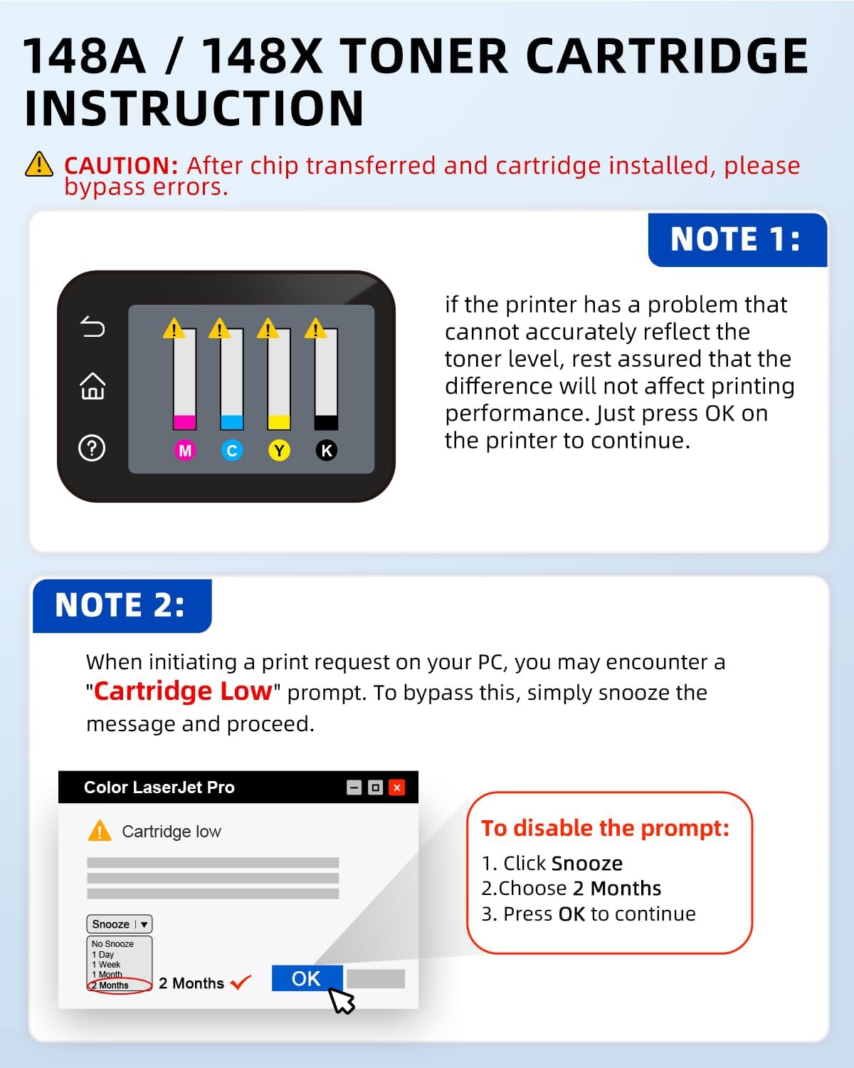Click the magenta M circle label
[185, 451]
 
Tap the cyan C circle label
[232, 451]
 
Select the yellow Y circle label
[279, 451]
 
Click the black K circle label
[327, 451]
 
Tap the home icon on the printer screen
[93, 387]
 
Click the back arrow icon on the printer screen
[93, 327]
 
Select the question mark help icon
[92, 449]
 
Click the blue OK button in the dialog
[307, 978]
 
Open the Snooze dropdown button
[119, 924]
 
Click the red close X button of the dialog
[397, 787]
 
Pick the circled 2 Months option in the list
[114, 985]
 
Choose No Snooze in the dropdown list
[112, 944]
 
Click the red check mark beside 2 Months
[241, 983]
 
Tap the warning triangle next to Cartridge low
[100, 831]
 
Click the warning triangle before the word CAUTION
[39, 165]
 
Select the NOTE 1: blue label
[736, 239]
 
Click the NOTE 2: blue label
[120, 605]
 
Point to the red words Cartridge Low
[183, 691]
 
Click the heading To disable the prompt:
[605, 828]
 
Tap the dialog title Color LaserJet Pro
[159, 787]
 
